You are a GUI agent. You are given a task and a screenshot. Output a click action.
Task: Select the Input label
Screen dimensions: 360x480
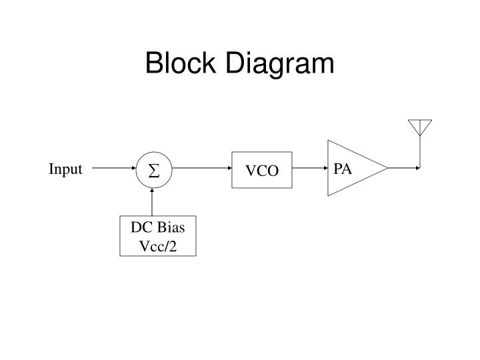click(65, 169)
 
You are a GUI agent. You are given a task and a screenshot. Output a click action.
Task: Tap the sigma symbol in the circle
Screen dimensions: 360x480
click(153, 171)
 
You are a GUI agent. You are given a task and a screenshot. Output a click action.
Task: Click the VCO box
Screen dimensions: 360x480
click(262, 171)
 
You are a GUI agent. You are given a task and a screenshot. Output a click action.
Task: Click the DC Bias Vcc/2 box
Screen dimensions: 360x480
click(158, 237)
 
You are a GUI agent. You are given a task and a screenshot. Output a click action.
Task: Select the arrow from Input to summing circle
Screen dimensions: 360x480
click(113, 169)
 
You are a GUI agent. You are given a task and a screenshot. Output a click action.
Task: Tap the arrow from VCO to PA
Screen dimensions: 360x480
click(309, 169)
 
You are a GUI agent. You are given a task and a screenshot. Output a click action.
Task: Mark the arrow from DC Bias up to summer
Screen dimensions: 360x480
click(153, 202)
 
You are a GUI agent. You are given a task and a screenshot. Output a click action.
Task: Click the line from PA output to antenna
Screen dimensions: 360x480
click(403, 168)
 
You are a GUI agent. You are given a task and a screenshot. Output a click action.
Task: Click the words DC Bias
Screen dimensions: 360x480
click(158, 228)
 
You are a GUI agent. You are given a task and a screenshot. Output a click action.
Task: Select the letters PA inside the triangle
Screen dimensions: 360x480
click(343, 169)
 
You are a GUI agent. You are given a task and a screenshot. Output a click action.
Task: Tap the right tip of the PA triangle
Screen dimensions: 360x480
click(387, 168)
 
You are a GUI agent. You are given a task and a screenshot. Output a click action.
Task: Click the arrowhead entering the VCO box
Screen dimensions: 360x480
click(228, 169)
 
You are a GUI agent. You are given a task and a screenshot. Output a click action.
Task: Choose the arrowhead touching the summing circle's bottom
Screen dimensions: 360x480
click(153, 190)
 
